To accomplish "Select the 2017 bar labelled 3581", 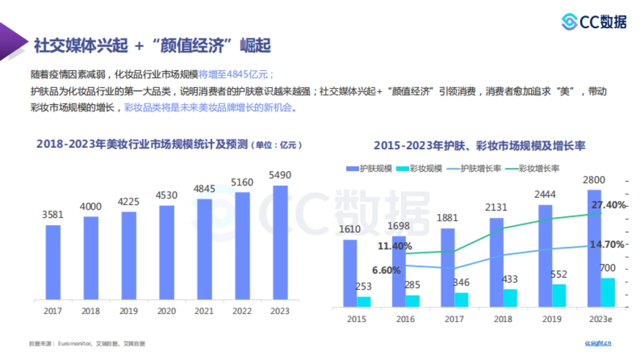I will pos(53,262).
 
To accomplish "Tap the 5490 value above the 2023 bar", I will pos(280,175).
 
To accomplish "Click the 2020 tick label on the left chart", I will pos(166,311).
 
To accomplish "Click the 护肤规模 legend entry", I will pos(369,169).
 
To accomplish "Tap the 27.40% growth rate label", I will pos(608,205).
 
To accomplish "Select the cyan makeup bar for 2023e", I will pos(608,292).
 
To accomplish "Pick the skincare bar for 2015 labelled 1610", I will pos(350,273).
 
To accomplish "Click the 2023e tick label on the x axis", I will pos(601,319).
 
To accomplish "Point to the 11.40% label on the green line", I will pos(395,246).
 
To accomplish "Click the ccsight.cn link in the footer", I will pos(598,343).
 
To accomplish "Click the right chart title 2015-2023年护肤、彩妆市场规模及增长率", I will pos(479,146).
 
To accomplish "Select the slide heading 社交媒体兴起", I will pos(81,46).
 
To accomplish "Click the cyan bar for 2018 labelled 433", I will pos(510,298).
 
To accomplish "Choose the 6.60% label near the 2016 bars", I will pos(386,270).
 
